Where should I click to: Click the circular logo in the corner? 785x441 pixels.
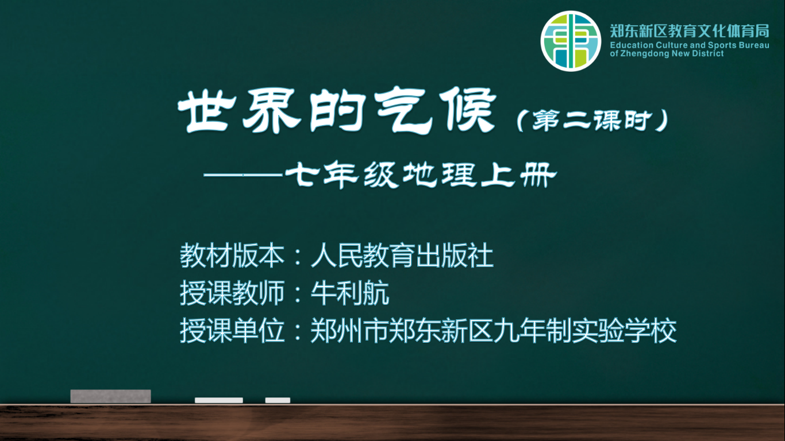tap(571, 41)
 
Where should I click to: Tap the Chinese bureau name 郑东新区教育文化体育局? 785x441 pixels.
tap(690, 31)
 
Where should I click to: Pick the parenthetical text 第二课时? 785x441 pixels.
tap(592, 121)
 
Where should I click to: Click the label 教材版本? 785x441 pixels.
tap(232, 256)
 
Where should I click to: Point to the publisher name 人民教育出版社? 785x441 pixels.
tap(402, 256)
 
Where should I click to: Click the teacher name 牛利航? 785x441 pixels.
tap(350, 293)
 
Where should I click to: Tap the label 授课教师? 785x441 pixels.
tap(232, 293)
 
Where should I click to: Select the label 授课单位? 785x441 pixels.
tap(232, 330)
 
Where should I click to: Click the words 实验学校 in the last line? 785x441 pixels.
tap(624, 330)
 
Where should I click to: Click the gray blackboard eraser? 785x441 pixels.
tap(111, 396)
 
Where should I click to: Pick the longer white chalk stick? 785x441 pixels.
tap(219, 400)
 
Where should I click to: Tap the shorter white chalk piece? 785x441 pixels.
tap(278, 400)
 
